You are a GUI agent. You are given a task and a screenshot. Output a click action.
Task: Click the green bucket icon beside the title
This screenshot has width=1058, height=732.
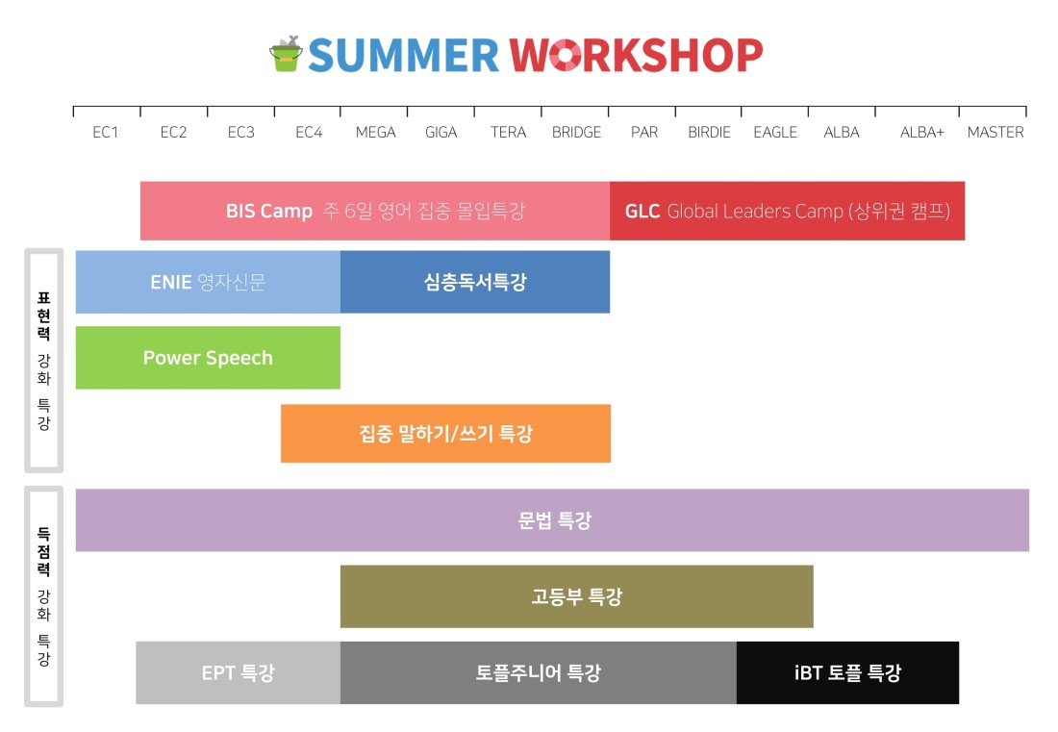coord(286,54)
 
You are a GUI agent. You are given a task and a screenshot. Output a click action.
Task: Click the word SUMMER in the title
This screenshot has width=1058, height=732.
coord(404,56)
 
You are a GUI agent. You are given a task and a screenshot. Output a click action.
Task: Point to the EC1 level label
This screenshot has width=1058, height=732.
coord(105,132)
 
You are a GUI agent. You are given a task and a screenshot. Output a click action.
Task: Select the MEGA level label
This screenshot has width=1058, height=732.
coord(375,132)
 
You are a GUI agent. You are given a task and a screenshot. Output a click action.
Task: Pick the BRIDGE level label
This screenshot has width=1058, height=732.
coord(576,132)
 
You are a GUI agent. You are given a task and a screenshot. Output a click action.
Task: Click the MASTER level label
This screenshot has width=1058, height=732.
coord(995,132)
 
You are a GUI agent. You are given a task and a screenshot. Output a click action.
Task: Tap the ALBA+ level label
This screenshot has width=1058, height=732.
coord(921,132)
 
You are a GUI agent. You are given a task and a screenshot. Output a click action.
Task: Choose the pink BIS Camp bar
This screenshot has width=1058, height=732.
coord(375,211)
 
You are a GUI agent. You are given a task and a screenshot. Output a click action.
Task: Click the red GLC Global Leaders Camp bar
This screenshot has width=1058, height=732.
coord(788,211)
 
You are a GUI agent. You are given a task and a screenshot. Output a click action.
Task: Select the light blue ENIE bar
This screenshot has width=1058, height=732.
coord(208,282)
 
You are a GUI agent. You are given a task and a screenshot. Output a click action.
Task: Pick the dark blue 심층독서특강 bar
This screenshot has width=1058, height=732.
coord(475,282)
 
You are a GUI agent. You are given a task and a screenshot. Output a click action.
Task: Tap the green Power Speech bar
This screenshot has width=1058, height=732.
coord(208,358)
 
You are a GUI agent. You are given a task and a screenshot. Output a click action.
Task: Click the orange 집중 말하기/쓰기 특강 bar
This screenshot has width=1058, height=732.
coord(446,433)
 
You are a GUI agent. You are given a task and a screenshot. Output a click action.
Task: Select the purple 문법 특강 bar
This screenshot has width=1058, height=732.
coord(553,520)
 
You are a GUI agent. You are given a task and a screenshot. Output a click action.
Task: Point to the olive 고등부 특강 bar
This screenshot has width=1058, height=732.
coord(577,596)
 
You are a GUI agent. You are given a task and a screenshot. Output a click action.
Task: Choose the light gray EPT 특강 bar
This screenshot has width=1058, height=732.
coord(239,672)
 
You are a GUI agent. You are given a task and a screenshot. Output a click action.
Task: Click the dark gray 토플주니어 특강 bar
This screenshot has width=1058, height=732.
coord(539,672)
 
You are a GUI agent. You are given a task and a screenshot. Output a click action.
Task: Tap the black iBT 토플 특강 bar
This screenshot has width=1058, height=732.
coord(847,672)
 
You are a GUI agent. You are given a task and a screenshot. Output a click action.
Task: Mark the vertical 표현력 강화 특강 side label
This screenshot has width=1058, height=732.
coord(44,361)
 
